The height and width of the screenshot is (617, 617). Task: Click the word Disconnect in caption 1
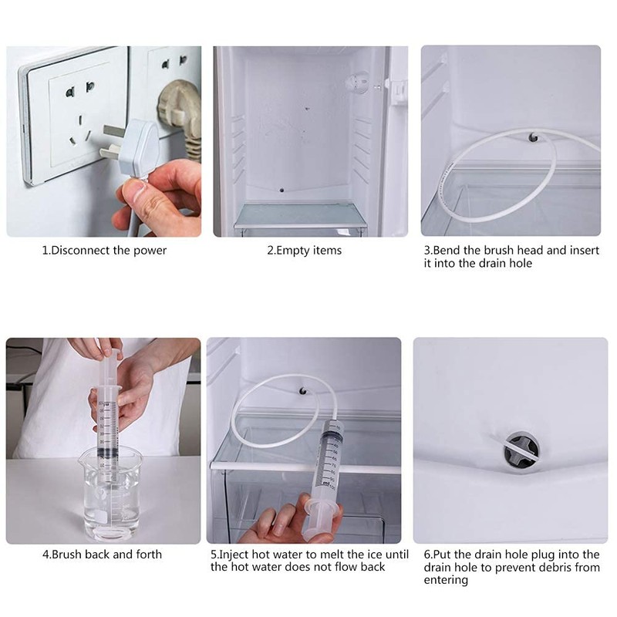[81, 250]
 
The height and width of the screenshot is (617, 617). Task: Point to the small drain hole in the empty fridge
[282, 190]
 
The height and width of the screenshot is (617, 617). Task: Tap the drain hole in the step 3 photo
[533, 137]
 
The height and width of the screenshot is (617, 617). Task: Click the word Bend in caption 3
[447, 250]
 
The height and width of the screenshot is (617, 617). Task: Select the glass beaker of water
[112, 495]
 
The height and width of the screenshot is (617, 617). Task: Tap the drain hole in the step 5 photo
[302, 391]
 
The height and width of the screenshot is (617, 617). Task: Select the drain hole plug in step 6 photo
[521, 450]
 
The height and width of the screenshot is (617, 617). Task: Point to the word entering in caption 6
[446, 581]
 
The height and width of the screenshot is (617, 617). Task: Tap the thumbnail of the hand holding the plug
[104, 141]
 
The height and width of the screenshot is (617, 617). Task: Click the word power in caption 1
[150, 251]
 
